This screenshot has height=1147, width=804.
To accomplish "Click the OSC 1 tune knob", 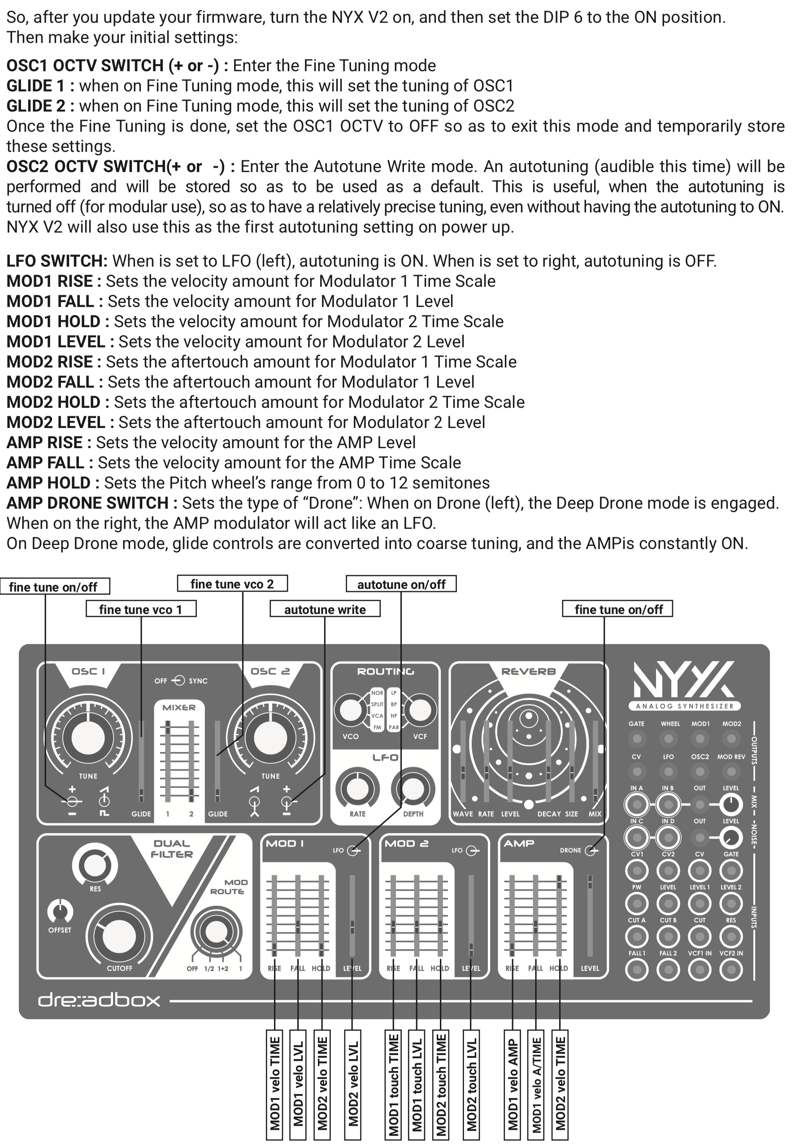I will [88, 738].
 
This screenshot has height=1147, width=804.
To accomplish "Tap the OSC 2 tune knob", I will [270, 738].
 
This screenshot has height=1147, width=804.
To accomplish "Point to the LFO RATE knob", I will [357, 789].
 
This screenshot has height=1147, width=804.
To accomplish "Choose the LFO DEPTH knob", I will [413, 789].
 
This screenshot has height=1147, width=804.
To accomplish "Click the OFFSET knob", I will [60, 911].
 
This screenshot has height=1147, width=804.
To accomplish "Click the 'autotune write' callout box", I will [325, 609].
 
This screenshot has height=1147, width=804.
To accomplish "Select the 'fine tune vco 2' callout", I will [232, 584].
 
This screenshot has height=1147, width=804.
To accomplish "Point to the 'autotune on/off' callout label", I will [401, 584].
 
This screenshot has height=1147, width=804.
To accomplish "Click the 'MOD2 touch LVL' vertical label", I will [471, 1085].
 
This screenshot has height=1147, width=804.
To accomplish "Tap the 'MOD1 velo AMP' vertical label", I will [513, 1085].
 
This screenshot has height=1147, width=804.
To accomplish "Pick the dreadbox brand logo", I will [99, 1000].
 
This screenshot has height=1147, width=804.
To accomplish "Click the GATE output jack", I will [636, 738].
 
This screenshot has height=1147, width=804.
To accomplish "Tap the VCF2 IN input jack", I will [731, 970].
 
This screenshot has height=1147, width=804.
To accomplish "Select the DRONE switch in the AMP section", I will [591, 850].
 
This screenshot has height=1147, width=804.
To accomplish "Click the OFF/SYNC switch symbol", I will [178, 680].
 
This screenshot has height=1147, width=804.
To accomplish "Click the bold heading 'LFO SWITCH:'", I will [56, 261].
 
